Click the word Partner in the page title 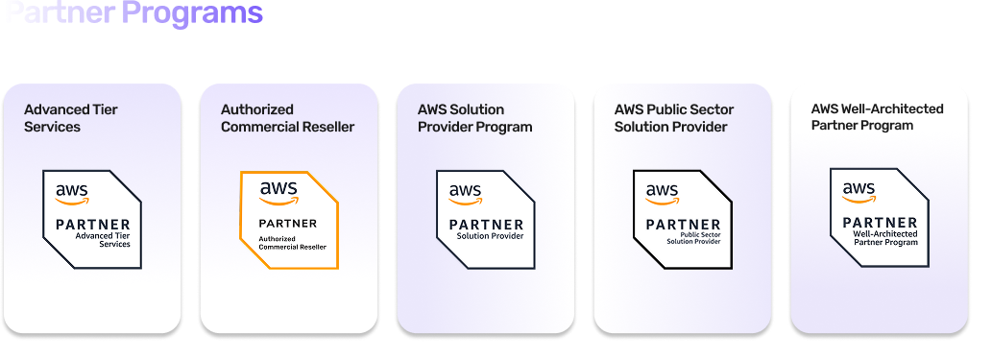pos(59,13)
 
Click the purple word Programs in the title pos(192,13)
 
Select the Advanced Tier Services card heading pos(71,118)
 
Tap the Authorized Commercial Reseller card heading pos(287,118)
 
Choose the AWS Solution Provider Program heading pos(474,118)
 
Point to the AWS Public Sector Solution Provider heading pos(670,118)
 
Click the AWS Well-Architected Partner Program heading pos(877,117)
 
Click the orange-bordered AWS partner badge pos(289,220)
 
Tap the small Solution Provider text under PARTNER pos(490,236)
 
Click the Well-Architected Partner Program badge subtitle pos(885,238)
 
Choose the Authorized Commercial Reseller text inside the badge pos(293,242)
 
